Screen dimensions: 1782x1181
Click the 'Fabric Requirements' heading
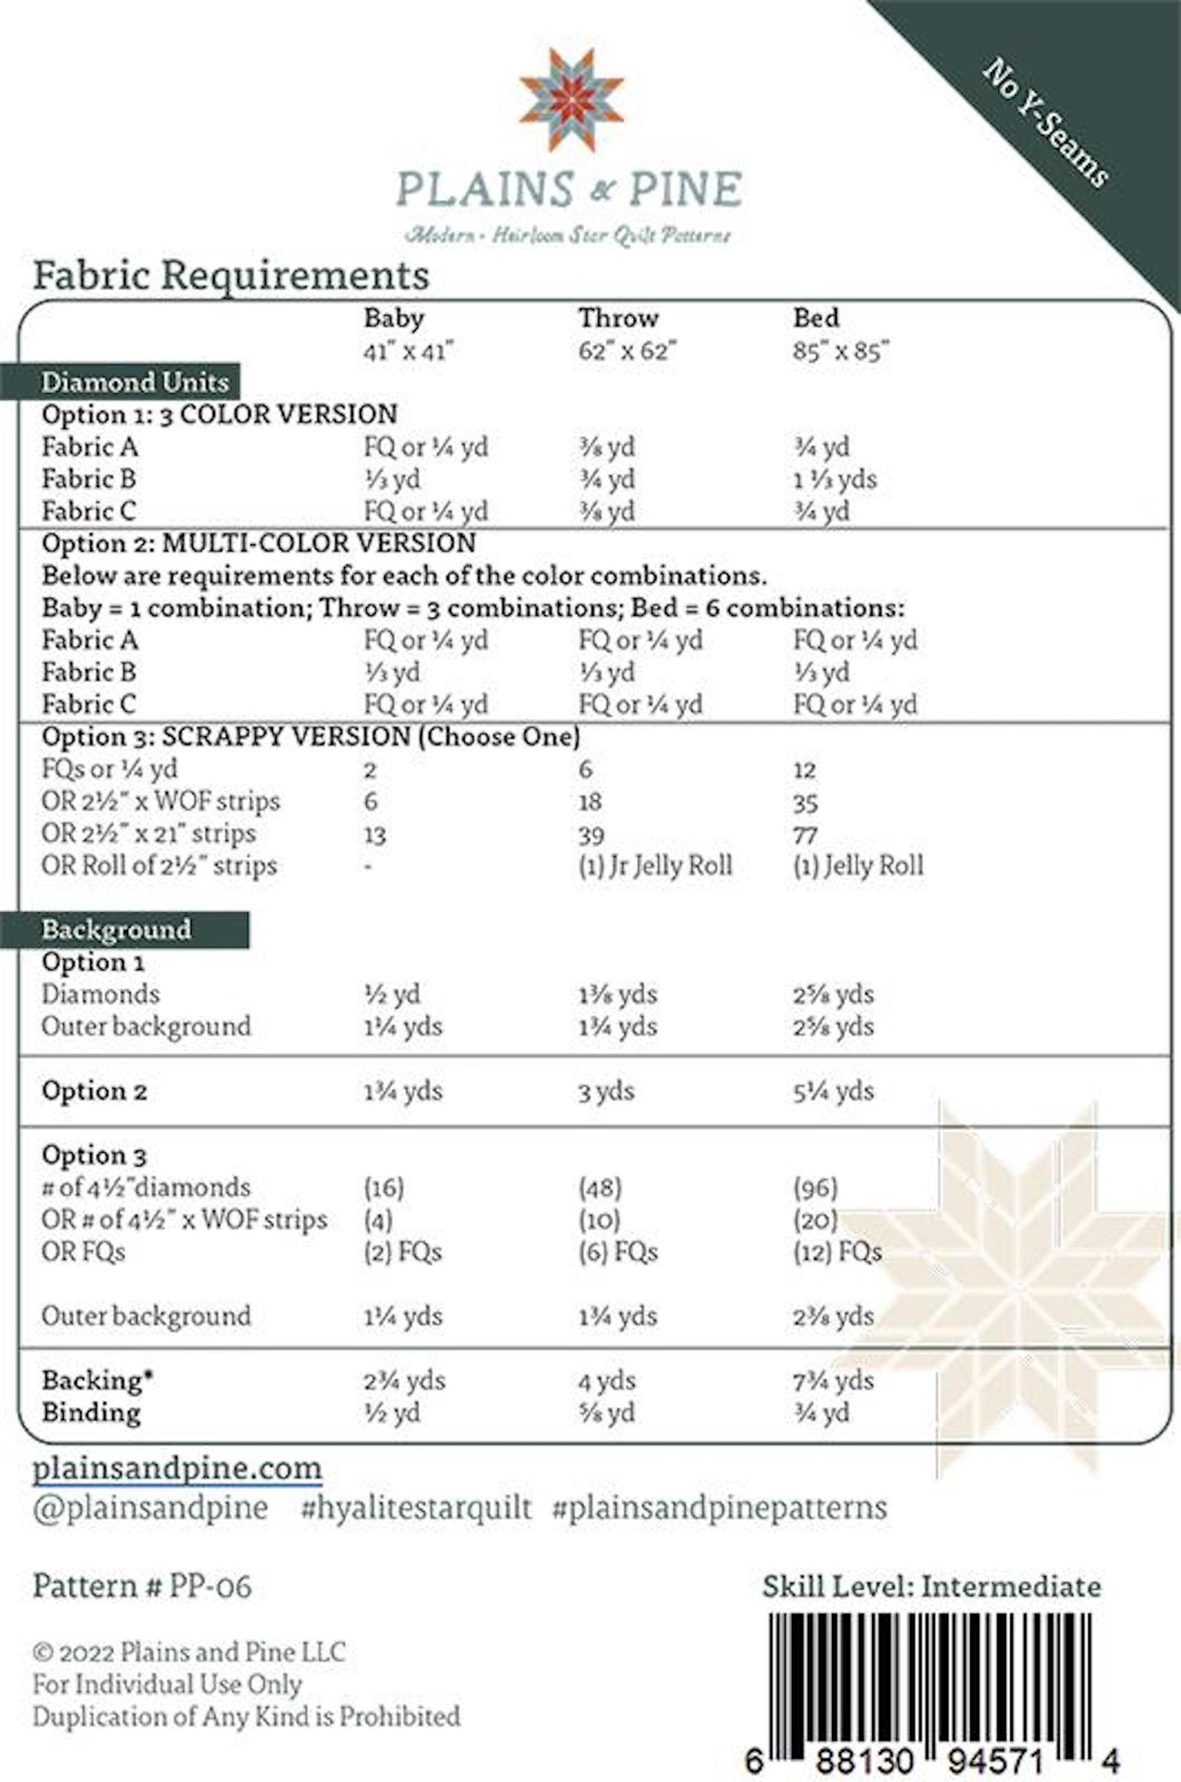pyautogui.click(x=230, y=275)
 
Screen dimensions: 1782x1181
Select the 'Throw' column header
pyautogui.click(x=618, y=318)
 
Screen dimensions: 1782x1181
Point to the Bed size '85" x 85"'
pyautogui.click(x=840, y=351)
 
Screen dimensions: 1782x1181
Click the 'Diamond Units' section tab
pyautogui.click(x=134, y=382)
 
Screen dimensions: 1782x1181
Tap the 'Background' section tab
pyautogui.click(x=116, y=930)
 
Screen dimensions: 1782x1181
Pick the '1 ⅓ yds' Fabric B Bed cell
pyautogui.click(x=834, y=479)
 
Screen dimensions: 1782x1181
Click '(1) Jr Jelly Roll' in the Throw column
pyautogui.click(x=655, y=866)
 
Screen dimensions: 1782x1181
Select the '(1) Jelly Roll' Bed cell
pyautogui.click(x=858, y=866)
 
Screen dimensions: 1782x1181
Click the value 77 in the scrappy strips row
pyautogui.click(x=805, y=835)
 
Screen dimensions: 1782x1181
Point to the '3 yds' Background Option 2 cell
pyautogui.click(x=606, y=1091)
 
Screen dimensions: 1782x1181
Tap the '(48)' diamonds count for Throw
pyautogui.click(x=600, y=1187)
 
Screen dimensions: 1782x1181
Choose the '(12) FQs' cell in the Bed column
pyautogui.click(x=837, y=1252)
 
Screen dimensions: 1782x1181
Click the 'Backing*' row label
pyautogui.click(x=97, y=1381)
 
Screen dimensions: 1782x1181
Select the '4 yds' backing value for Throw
pyautogui.click(x=606, y=1381)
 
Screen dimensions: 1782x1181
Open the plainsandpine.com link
pyautogui.click(x=177, y=1468)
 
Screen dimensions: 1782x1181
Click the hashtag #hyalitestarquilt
pyautogui.click(x=416, y=1507)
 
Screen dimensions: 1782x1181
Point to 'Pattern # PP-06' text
pyautogui.click(x=142, y=1587)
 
